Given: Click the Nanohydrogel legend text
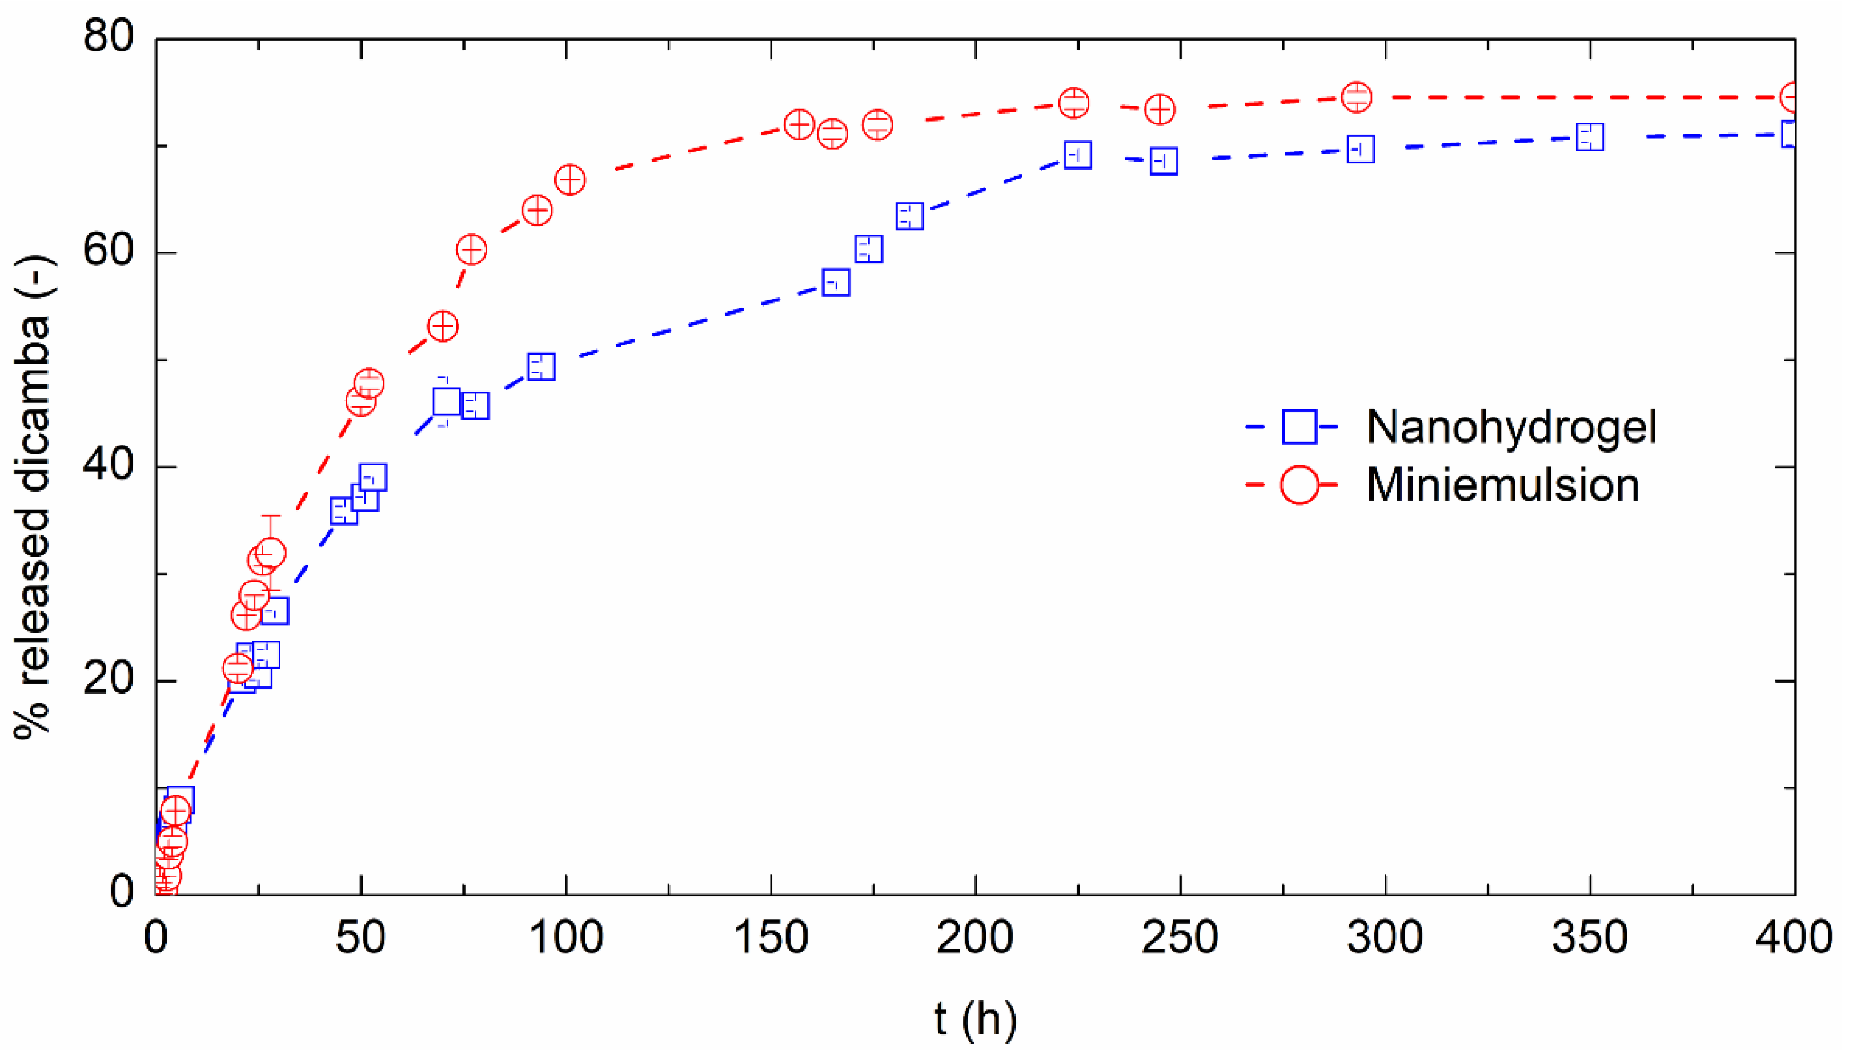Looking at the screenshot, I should coord(1511,427).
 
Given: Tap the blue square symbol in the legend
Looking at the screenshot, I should coord(1299,427).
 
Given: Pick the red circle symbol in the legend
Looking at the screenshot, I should coord(1299,485).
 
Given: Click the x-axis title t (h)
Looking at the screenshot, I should coord(975,1020).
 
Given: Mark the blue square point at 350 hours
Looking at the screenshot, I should coord(1589,137).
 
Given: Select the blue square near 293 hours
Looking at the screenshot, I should coord(1361,150).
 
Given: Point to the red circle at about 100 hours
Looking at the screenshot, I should coord(569,180).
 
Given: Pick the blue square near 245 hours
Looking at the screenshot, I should coord(1164,161).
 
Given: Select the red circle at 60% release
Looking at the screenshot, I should coord(471,250).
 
